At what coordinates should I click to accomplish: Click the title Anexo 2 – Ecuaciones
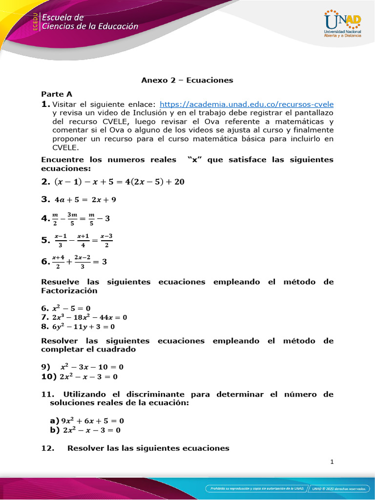pyautogui.click(x=187, y=80)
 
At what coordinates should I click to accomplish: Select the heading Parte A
pyautogui.click(x=57, y=93)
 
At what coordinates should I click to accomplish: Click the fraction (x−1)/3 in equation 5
pyautogui.click(x=61, y=240)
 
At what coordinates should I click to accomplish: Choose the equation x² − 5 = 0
pyautogui.click(x=75, y=309)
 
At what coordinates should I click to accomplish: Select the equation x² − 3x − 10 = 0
pyautogui.click(x=91, y=367)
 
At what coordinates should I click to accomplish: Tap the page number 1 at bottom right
pyautogui.click(x=332, y=463)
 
